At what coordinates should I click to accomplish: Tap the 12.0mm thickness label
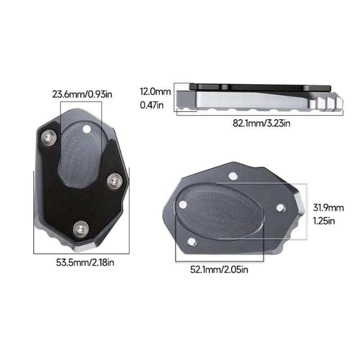(x=156, y=92)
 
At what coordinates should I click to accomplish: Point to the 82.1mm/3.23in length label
(x=261, y=123)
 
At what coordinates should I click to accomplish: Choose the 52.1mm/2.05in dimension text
(x=219, y=270)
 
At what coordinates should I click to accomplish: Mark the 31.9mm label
(x=328, y=207)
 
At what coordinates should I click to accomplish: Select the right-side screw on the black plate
(x=114, y=180)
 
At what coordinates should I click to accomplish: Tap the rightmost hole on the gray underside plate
(x=279, y=207)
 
